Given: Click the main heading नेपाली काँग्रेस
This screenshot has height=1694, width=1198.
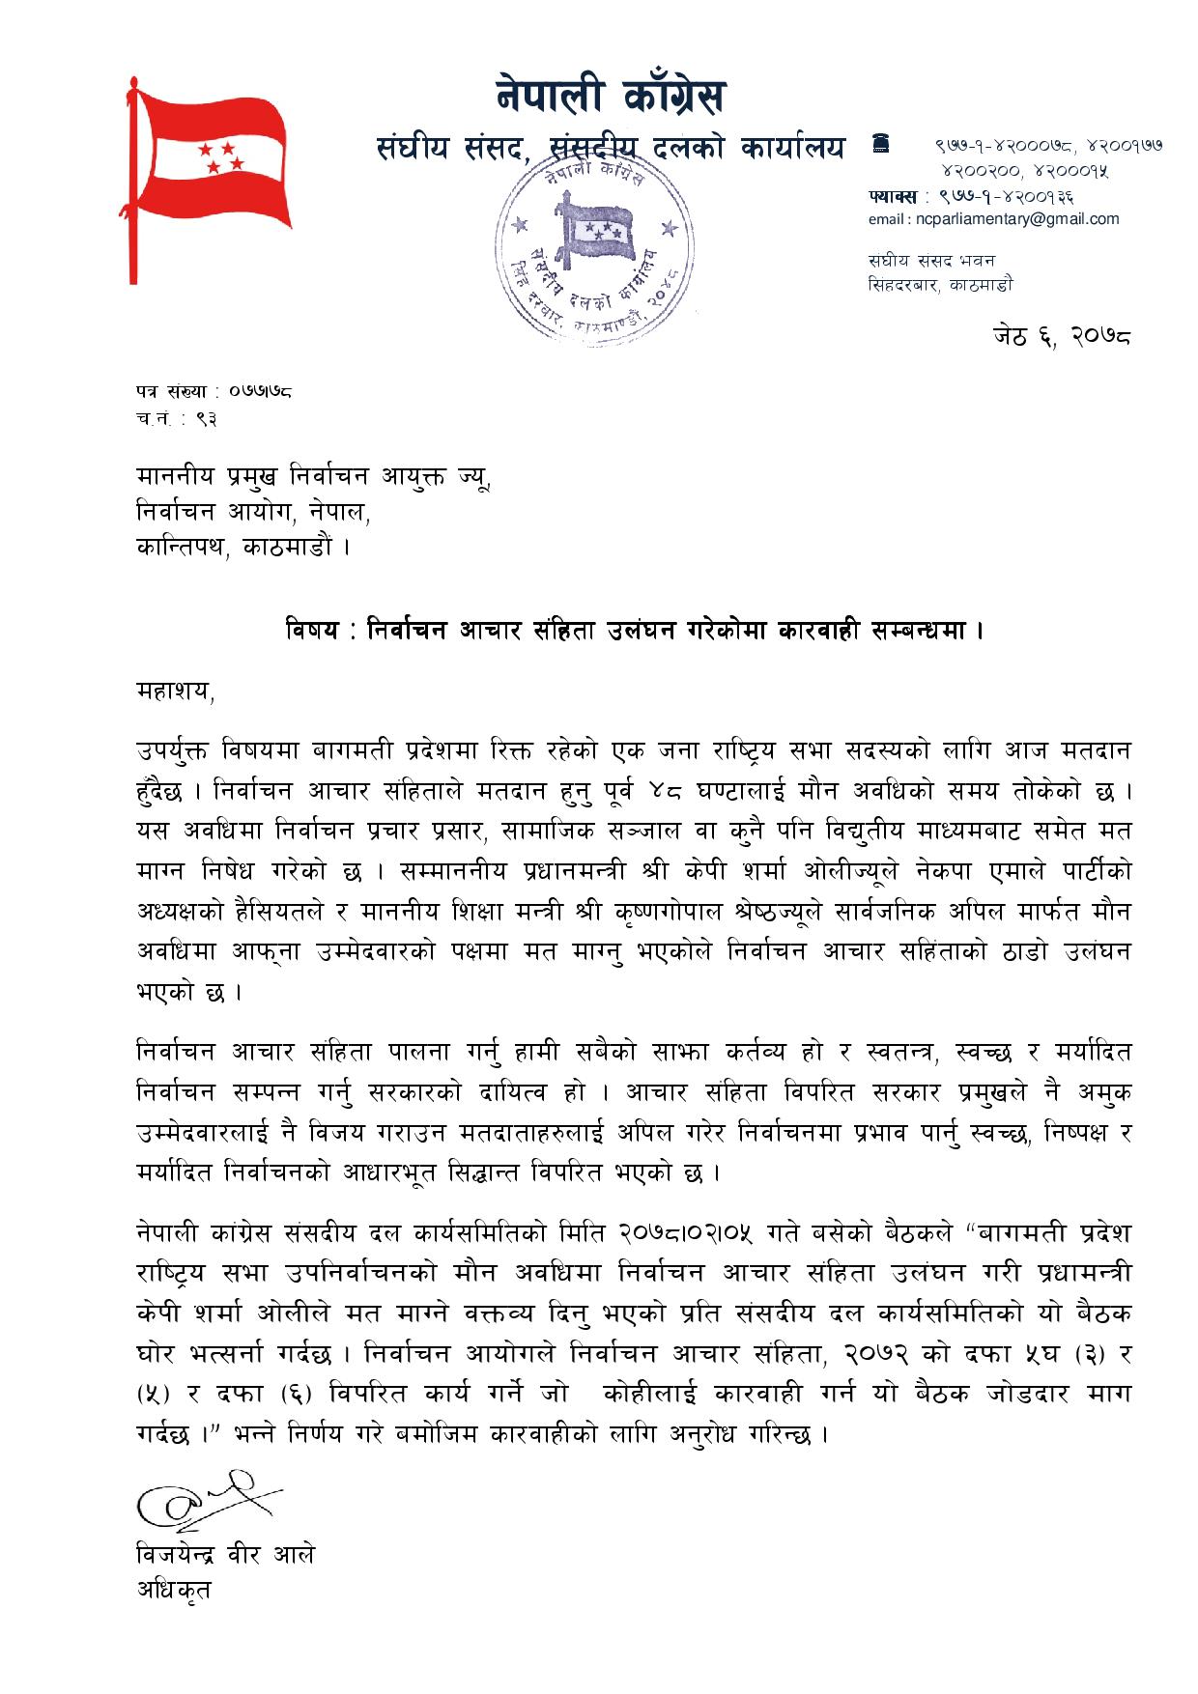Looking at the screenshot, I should click(611, 98).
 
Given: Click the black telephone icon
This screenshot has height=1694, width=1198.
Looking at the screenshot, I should click(879, 144).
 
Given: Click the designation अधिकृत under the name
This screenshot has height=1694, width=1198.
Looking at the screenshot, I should click(173, 1590).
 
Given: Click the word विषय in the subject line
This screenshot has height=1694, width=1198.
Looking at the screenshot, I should click(312, 632).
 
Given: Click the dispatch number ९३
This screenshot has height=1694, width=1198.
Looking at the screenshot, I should click(205, 418).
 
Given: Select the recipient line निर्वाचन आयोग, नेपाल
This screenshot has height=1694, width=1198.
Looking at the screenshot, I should click(253, 512).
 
